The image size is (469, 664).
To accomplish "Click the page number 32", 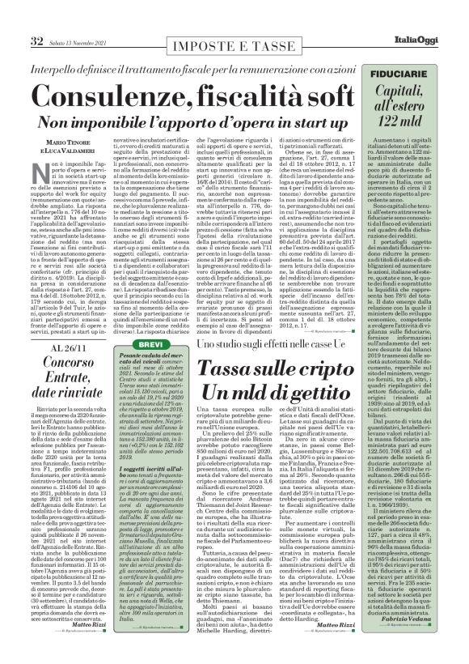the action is pos(15,18).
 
